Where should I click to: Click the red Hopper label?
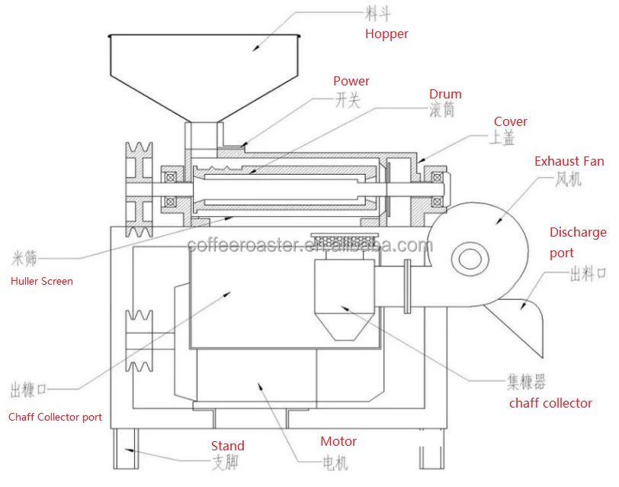pyautogui.click(x=386, y=34)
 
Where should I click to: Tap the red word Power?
pyautogui.click(x=351, y=81)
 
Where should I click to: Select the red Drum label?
pyautogui.click(x=445, y=95)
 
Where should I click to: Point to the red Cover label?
pyautogui.click(x=510, y=122)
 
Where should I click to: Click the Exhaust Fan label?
pyautogui.click(x=569, y=161)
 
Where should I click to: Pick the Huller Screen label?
pyautogui.click(x=42, y=281)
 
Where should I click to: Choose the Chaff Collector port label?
pyautogui.click(x=55, y=417)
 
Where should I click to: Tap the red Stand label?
pyautogui.click(x=227, y=446)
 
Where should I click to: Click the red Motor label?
pyautogui.click(x=338, y=441)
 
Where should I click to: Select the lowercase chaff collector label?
pyautogui.click(x=550, y=403)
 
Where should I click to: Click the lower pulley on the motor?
pyautogui.click(x=140, y=343)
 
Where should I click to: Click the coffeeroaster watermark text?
pyautogui.click(x=309, y=246)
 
